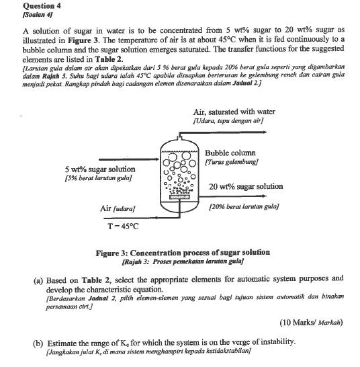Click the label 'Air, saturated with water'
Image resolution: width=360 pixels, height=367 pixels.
point(233,112)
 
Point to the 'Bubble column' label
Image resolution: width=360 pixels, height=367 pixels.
point(230,153)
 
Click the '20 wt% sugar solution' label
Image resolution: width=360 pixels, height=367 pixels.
point(245,186)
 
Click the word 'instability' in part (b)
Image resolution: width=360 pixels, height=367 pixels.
point(277,341)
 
